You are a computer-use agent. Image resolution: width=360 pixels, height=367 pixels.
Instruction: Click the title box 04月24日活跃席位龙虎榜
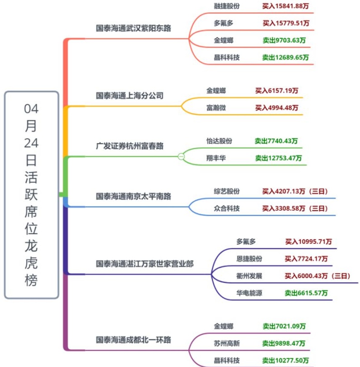pyautogui.click(x=31, y=195)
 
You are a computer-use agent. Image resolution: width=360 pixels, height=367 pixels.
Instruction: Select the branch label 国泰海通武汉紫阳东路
pyautogui.click(x=134, y=28)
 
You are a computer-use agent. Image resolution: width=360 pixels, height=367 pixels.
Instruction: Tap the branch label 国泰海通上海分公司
pyautogui.click(x=130, y=96)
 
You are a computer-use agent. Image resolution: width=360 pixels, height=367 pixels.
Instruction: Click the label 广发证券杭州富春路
pyautogui.click(x=130, y=146)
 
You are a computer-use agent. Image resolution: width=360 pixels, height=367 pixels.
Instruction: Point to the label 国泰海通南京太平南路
pyautogui.click(x=134, y=196)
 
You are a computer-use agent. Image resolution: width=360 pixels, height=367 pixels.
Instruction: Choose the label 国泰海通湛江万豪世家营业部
pyautogui.click(x=145, y=264)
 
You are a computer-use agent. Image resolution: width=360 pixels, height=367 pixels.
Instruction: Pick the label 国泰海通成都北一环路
pyautogui.click(x=134, y=339)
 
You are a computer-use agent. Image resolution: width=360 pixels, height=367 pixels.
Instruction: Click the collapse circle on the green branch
pyautogui.click(x=181, y=156)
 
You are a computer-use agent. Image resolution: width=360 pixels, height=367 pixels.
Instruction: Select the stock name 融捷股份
pyautogui.click(x=227, y=6)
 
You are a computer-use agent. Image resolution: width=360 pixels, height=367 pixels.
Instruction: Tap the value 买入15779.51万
pyautogui.click(x=286, y=23)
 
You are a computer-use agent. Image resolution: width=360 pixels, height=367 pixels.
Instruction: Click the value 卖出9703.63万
pyautogui.click(x=284, y=40)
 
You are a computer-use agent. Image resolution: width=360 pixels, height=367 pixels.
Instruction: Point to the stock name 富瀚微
pyautogui.click(x=216, y=108)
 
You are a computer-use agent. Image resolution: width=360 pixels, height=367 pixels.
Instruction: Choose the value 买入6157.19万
pyautogui.click(x=276, y=91)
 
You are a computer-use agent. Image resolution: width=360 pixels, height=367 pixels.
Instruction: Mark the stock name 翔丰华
pyautogui.click(x=216, y=158)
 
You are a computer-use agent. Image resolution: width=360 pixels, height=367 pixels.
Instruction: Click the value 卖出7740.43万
pyautogui.click(x=276, y=141)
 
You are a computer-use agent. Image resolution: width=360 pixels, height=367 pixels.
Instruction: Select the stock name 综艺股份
pyautogui.click(x=227, y=191)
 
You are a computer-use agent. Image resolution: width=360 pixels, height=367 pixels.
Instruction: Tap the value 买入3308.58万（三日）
pyautogui.click(x=295, y=208)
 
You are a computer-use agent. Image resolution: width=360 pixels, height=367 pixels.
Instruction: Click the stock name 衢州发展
pyautogui.click(x=249, y=276)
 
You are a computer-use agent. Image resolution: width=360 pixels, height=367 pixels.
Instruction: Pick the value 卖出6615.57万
pyautogui.click(x=306, y=293)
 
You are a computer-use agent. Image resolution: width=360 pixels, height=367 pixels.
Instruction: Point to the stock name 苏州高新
pyautogui.click(x=227, y=344)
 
